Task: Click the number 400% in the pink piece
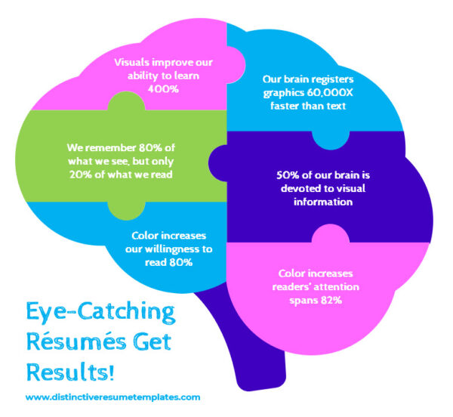[161, 88]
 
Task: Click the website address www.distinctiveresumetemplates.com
[112, 397]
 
